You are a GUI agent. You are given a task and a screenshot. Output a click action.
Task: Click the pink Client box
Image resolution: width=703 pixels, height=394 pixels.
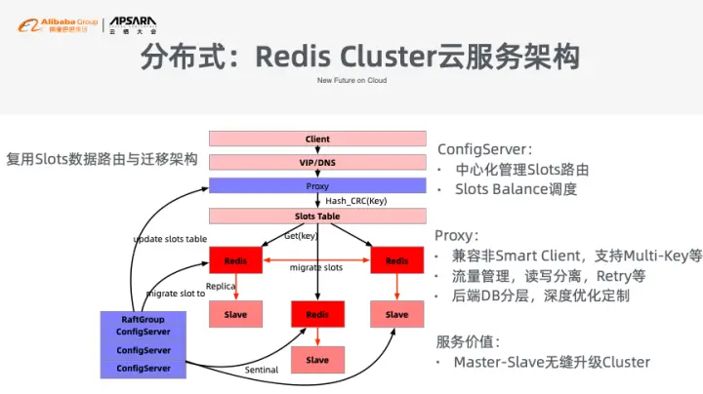click(317, 138)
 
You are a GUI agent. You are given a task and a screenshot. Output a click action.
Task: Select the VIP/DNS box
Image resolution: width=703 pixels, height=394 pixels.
click(317, 161)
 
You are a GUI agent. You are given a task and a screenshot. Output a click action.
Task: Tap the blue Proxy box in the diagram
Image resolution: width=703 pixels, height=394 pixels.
click(317, 184)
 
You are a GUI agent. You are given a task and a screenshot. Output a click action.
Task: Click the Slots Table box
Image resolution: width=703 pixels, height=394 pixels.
click(317, 216)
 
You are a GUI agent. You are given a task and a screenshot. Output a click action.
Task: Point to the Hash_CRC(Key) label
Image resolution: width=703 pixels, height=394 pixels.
click(356, 201)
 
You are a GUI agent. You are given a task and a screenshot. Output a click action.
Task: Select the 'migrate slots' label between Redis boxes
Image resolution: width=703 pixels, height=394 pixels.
click(316, 267)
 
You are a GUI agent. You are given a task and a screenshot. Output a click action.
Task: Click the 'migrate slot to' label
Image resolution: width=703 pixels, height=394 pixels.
click(175, 293)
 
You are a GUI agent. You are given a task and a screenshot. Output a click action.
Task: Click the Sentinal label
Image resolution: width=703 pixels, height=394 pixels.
click(262, 371)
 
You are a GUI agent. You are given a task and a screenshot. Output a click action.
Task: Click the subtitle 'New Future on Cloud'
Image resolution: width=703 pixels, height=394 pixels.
click(351, 82)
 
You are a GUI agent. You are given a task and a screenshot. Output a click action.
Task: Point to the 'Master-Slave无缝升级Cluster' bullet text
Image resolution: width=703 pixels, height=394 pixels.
click(552, 362)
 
